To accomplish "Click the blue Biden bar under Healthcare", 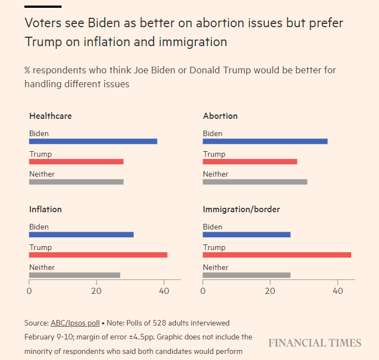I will pyautogui.click(x=93, y=141).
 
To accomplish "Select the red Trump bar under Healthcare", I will pyautogui.click(x=76, y=162).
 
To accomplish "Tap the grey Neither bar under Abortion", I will pyautogui.click(x=255, y=182).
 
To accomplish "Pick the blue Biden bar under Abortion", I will pyautogui.click(x=265, y=141).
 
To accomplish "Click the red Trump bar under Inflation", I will pyautogui.click(x=98, y=255).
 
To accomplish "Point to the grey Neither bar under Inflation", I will pyautogui.click(x=74, y=275).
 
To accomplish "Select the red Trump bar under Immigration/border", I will pyautogui.click(x=276, y=255).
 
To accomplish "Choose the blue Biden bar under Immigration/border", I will pyautogui.click(x=246, y=234).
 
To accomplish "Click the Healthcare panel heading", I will pyautogui.click(x=50, y=116).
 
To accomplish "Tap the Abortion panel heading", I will pyautogui.click(x=220, y=116).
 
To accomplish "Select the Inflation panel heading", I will pyautogui.click(x=46, y=209).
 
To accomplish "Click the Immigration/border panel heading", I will pyautogui.click(x=241, y=209).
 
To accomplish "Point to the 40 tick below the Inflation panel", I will pyautogui.click(x=164, y=290).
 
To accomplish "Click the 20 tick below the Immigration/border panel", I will pyautogui.click(x=270, y=290).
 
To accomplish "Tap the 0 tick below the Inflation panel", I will pyautogui.click(x=29, y=290).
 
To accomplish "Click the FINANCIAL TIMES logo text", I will pyautogui.click(x=315, y=343).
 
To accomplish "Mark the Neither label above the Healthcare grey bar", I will pyautogui.click(x=42, y=174).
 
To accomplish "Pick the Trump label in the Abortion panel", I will pyautogui.click(x=214, y=154).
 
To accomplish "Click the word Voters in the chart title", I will pyautogui.click(x=41, y=24).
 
